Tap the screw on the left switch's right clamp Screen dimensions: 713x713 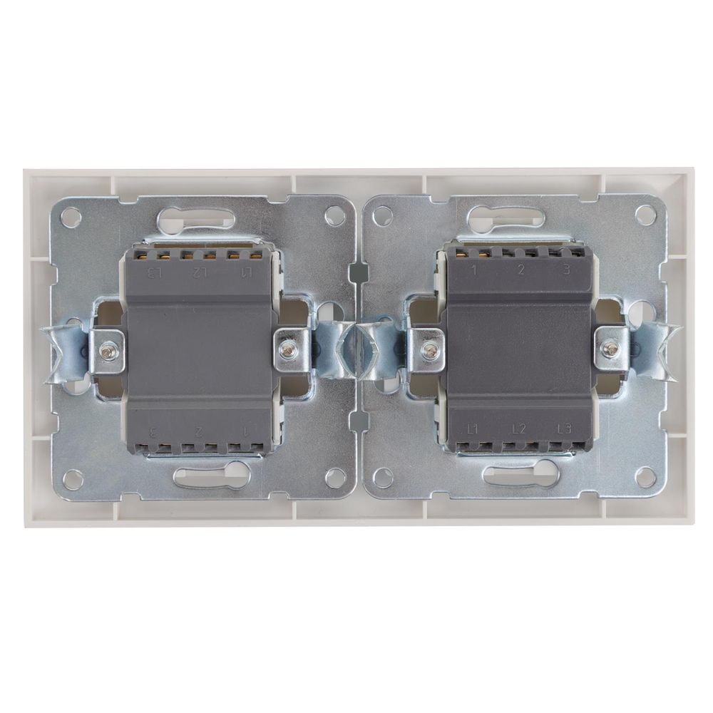coord(288,349)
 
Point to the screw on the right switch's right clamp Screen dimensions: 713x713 coord(610,349)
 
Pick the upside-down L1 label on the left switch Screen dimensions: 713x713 coord(246,272)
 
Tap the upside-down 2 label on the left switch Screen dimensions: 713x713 coord(200,431)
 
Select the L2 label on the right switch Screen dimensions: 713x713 coord(518,429)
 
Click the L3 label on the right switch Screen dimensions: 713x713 coord(564,429)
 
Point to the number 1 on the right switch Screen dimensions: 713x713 coord(473,270)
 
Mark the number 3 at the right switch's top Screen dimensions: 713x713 coord(565,270)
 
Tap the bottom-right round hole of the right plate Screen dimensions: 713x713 coord(645,476)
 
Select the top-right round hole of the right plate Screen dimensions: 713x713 coord(645,214)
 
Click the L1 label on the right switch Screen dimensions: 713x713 coord(472,429)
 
